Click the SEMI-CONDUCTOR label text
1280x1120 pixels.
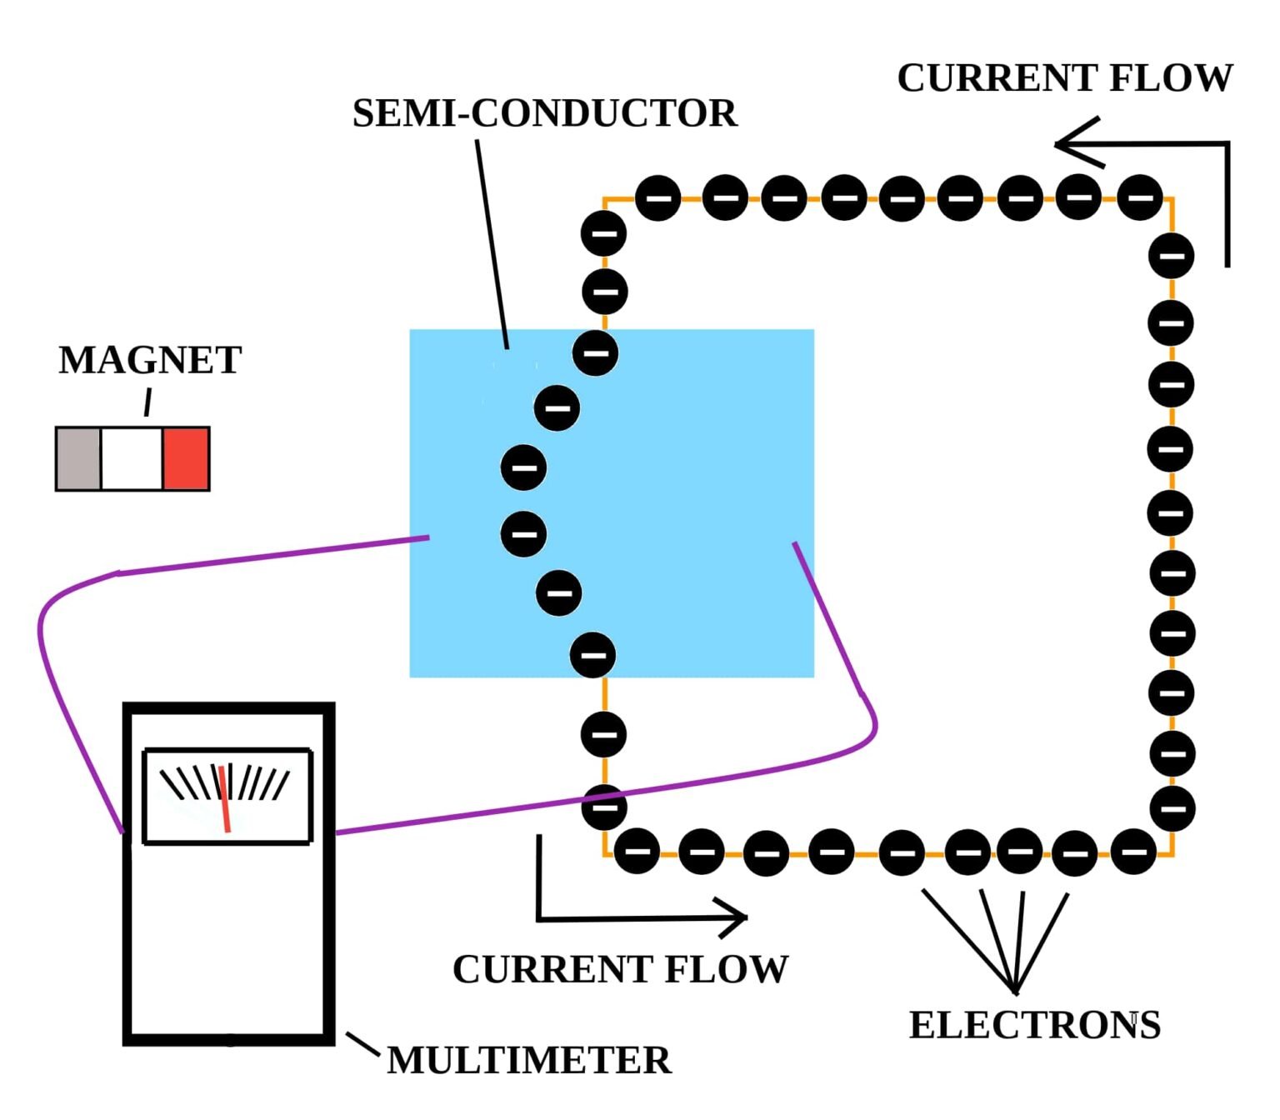coord(544,113)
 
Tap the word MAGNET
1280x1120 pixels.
coord(150,360)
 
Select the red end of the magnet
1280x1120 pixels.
coord(186,458)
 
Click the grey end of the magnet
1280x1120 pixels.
coord(78,458)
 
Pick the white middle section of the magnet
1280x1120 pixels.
coord(132,458)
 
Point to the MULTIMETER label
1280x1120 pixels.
coord(529,1061)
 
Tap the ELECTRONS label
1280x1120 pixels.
coord(1034,1025)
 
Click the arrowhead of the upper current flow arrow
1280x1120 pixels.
coord(1070,144)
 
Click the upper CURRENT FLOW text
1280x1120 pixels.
coord(1064,78)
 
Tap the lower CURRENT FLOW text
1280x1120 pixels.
coord(620,969)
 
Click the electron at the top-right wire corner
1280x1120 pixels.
coord(1139,198)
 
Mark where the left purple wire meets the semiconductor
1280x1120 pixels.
coord(427,538)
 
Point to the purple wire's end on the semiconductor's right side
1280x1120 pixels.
coord(796,544)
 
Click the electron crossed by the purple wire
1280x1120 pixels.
coord(603,806)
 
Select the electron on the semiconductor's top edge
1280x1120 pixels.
coord(595,352)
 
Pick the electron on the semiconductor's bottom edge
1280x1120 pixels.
coord(592,654)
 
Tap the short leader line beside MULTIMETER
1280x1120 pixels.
coord(363,1042)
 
